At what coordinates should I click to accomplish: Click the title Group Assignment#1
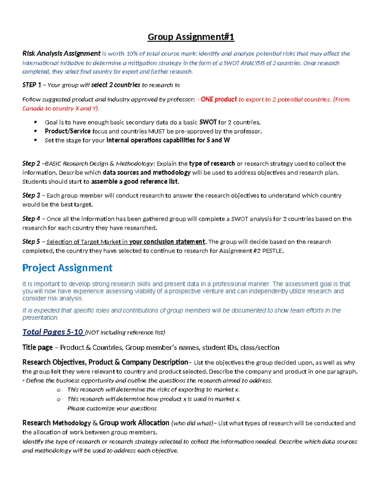[x=191, y=37]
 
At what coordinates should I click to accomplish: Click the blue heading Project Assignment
[x=67, y=268]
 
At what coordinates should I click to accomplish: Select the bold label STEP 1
[x=32, y=85]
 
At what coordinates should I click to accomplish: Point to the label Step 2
[x=31, y=164]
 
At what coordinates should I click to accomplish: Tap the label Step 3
[x=31, y=195]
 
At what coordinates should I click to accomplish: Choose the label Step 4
[x=31, y=219]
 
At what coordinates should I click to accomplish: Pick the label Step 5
[x=31, y=242]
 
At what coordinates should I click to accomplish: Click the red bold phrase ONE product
[x=219, y=99]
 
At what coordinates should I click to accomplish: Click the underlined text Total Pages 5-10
[x=53, y=332]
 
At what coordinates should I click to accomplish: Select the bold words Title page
[x=37, y=347]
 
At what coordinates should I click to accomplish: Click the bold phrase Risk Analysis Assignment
[x=61, y=53]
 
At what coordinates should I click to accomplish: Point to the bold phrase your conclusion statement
[x=167, y=242]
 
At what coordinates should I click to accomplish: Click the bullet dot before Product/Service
[x=36, y=131]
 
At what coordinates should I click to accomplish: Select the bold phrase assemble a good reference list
[x=135, y=182]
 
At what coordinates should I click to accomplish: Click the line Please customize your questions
[x=112, y=408]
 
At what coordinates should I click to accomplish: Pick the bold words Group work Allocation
[x=134, y=423]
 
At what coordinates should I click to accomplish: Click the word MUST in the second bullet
[x=157, y=131]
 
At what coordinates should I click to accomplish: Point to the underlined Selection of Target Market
[x=87, y=242]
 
